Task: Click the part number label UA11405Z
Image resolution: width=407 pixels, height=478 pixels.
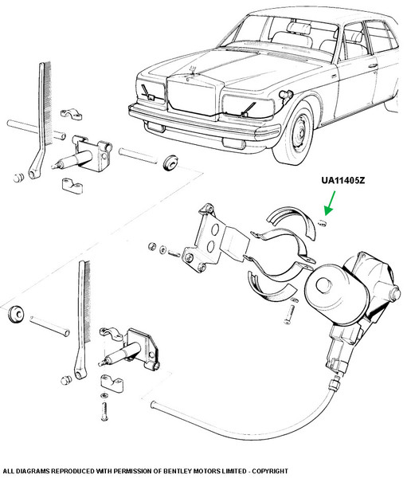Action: pyautogui.click(x=343, y=181)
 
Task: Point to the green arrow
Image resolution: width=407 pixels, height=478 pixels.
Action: pyautogui.click(x=330, y=203)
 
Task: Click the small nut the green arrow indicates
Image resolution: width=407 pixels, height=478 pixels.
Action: pyautogui.click(x=322, y=223)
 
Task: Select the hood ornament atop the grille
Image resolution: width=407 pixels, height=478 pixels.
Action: pyautogui.click(x=193, y=70)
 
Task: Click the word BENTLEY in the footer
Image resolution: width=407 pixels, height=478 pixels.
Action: pyautogui.click(x=174, y=471)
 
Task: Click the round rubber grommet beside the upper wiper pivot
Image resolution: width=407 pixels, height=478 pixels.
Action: pyautogui.click(x=170, y=163)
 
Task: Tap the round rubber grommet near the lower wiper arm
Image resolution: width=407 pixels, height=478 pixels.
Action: pyautogui.click(x=15, y=313)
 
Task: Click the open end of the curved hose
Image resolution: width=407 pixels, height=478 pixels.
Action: pyautogui.click(x=153, y=405)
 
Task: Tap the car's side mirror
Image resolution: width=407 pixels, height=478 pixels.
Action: pyautogui.click(x=286, y=95)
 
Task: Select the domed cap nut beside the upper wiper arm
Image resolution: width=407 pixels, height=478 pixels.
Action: pyautogui.click(x=18, y=178)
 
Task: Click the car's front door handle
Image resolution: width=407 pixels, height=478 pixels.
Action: pyautogui.click(x=373, y=65)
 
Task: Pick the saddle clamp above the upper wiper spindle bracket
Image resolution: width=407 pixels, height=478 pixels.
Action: pyautogui.click(x=72, y=114)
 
